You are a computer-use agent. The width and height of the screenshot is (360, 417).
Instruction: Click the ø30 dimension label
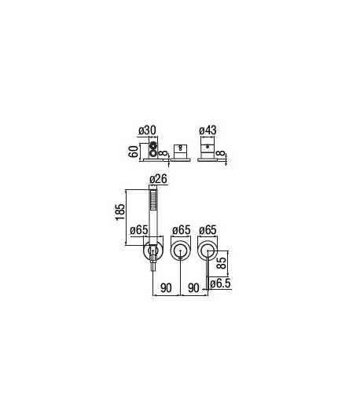(x=147, y=130)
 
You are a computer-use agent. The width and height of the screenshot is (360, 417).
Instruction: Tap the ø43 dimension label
(x=208, y=130)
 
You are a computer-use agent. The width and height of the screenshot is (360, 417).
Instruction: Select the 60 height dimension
(x=134, y=152)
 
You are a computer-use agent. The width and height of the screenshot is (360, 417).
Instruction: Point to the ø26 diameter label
(x=158, y=179)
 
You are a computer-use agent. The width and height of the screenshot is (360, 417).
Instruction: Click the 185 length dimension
(x=120, y=212)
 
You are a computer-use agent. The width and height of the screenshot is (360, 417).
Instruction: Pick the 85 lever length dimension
(x=222, y=262)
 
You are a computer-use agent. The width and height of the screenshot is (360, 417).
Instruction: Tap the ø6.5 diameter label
(x=220, y=283)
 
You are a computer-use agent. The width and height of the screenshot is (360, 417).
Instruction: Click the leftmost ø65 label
(x=138, y=230)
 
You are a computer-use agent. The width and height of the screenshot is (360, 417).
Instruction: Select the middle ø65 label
(x=182, y=230)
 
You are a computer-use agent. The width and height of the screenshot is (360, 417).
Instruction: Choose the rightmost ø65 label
(x=208, y=230)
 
